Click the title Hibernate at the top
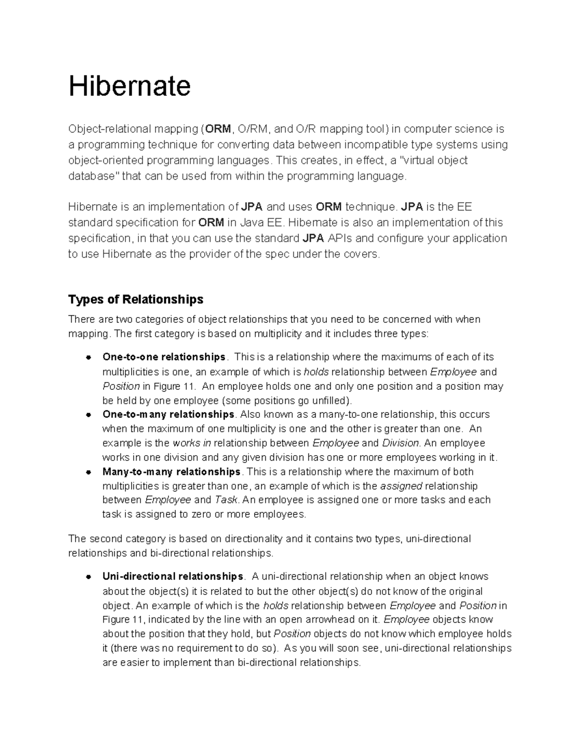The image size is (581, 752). click(129, 86)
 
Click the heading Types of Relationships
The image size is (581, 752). click(136, 299)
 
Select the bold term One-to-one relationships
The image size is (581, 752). click(164, 357)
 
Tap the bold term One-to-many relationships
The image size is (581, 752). click(168, 414)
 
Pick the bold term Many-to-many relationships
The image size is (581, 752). click(171, 472)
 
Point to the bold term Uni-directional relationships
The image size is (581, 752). click(172, 577)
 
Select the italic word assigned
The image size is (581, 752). click(401, 486)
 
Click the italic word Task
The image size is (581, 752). click(226, 500)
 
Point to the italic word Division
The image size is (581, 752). click(400, 443)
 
